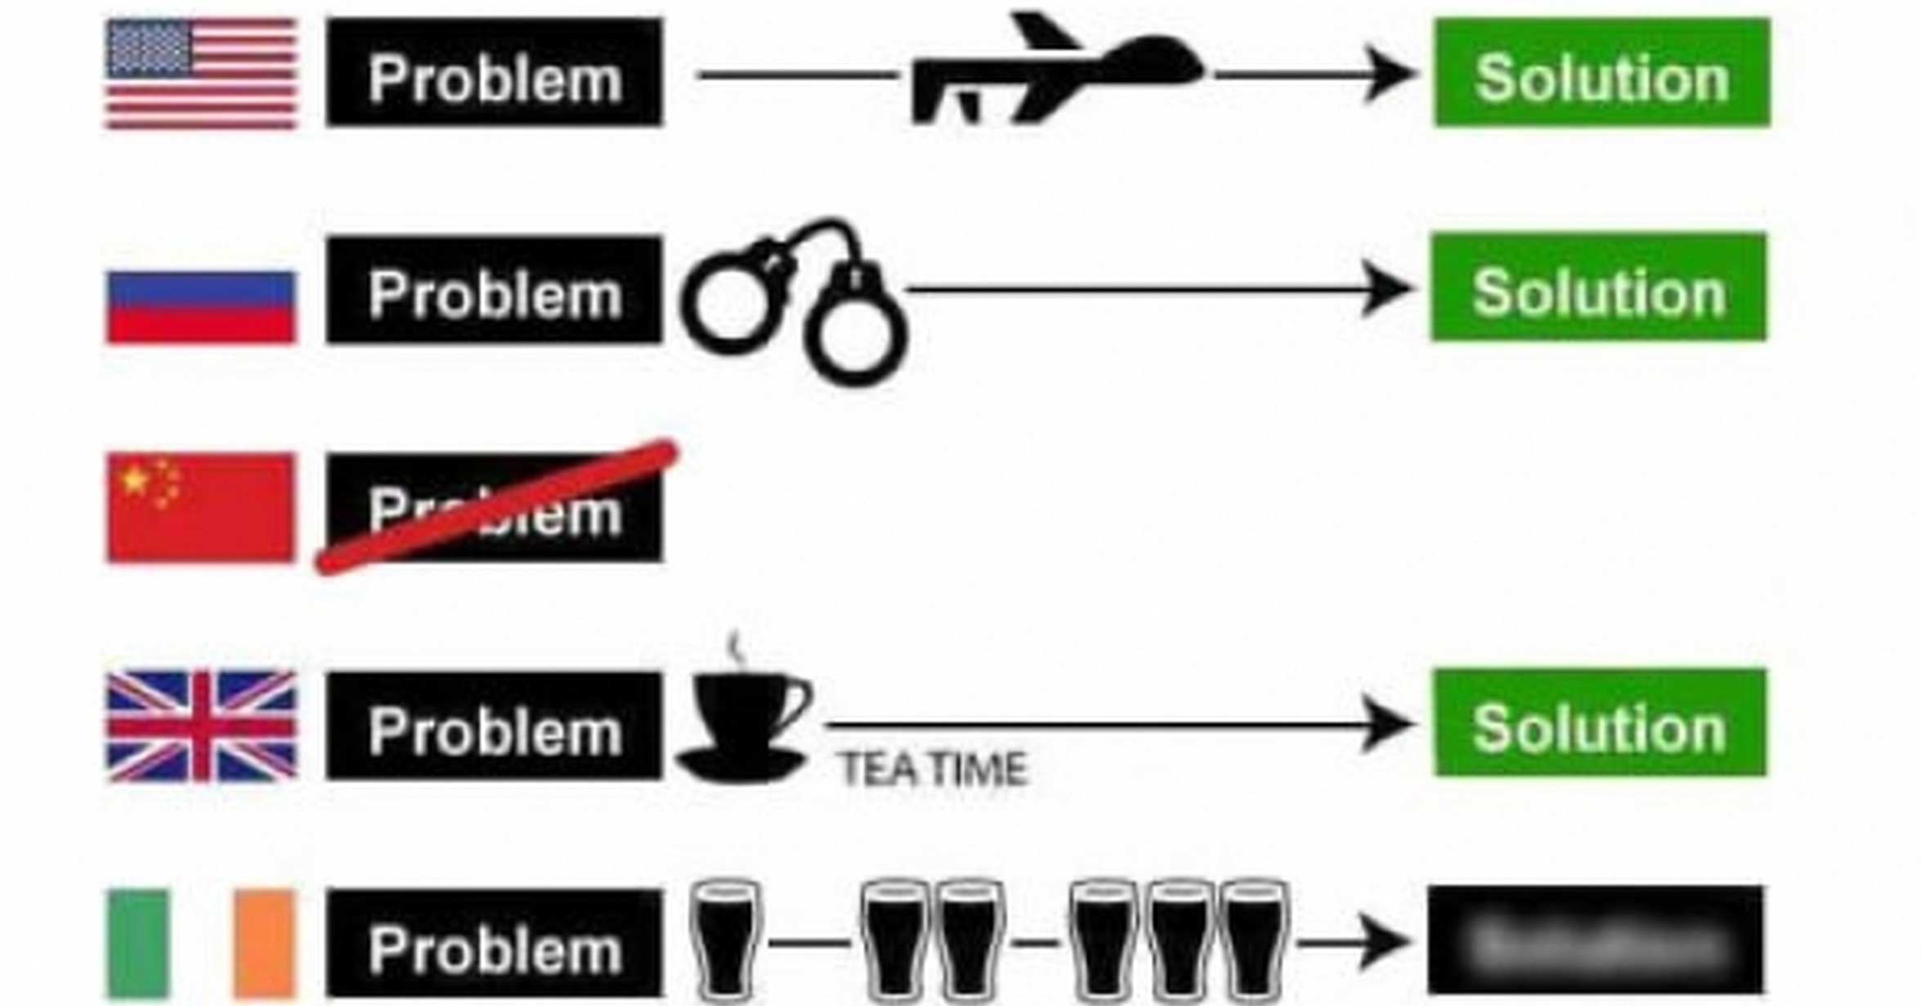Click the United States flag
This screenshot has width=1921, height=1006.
[201, 74]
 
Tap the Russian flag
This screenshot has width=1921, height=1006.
[201, 307]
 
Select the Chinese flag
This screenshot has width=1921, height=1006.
[201, 507]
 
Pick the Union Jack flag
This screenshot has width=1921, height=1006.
[201, 726]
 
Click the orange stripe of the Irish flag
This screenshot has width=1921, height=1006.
[264, 944]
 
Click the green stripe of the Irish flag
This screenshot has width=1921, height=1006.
[139, 944]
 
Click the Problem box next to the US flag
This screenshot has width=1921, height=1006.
[495, 74]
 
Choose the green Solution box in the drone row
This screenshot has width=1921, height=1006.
[1602, 74]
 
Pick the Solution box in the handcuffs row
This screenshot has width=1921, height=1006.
[1599, 288]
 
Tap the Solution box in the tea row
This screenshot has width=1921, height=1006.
[1600, 724]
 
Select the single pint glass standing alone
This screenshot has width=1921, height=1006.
[726, 941]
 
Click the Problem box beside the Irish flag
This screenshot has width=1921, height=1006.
[495, 944]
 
